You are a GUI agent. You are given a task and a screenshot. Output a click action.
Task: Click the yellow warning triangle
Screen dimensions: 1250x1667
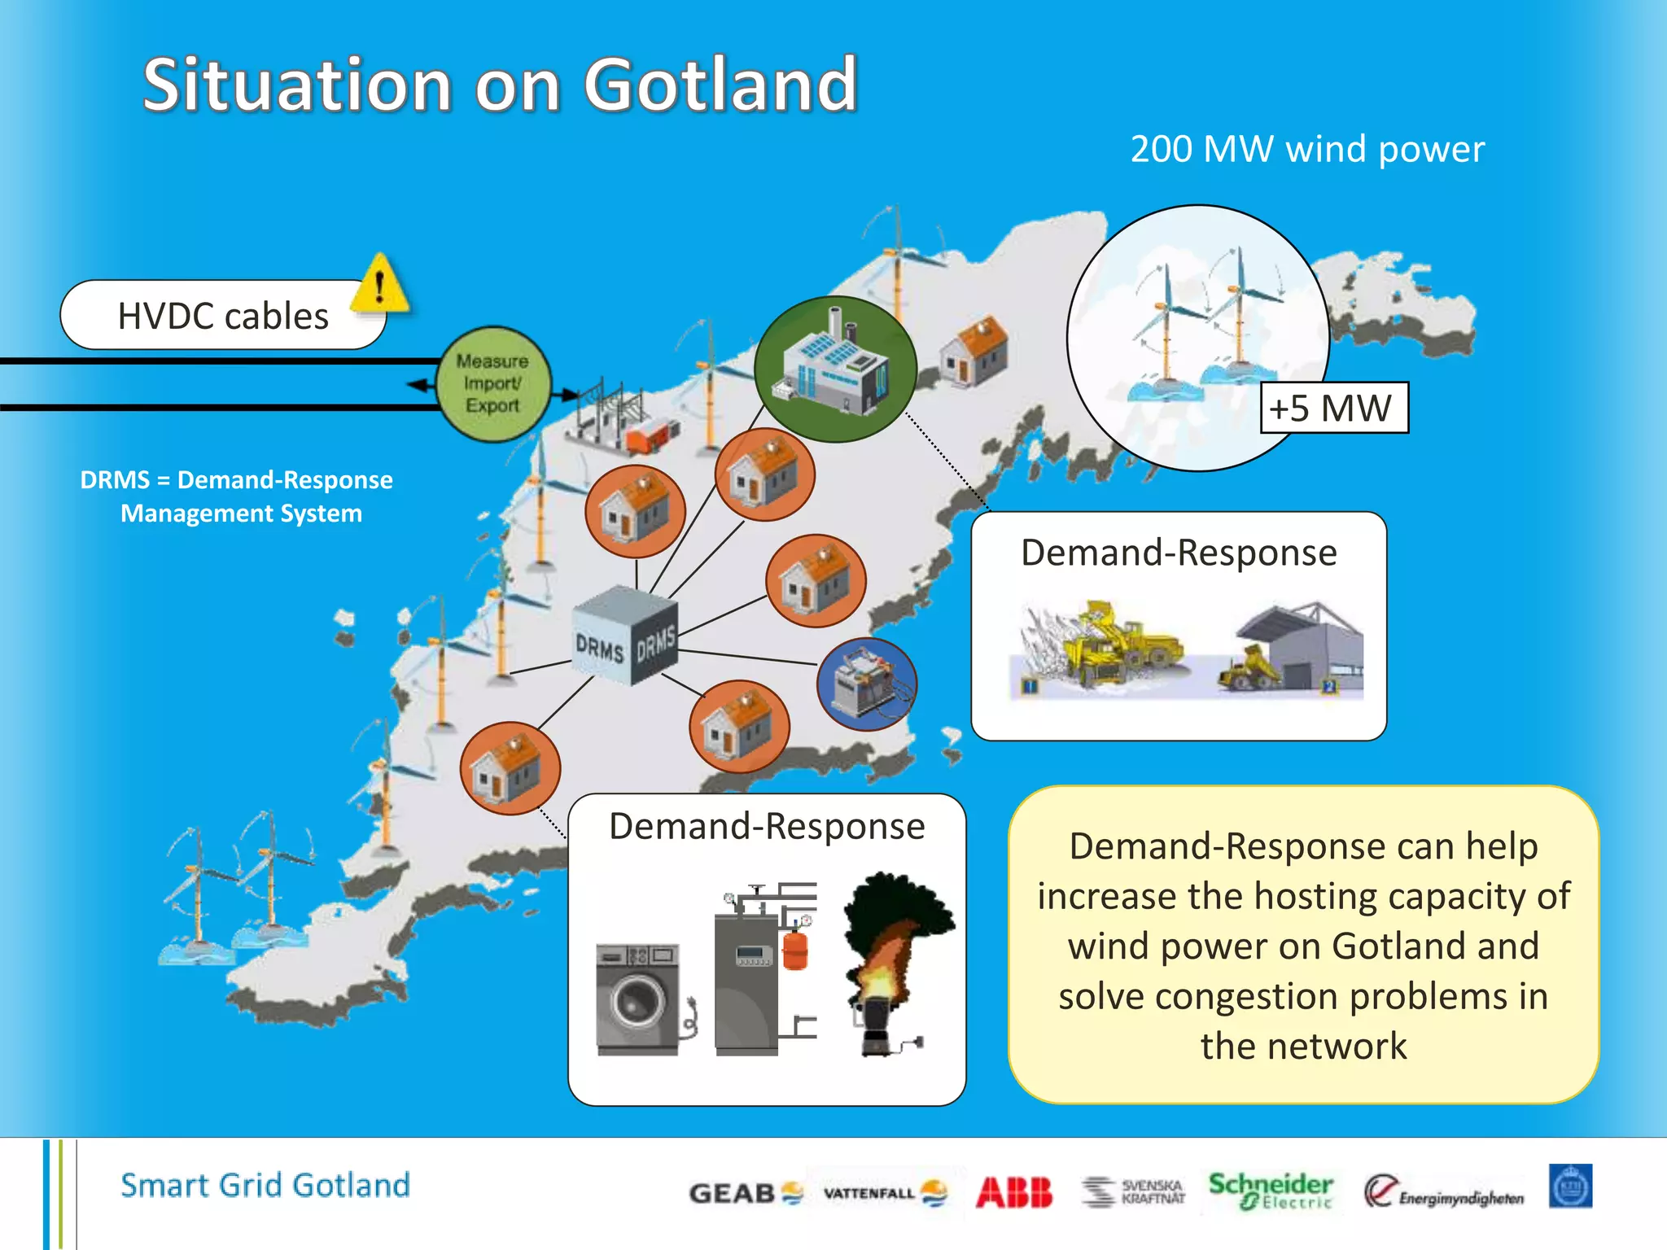pyautogui.click(x=379, y=286)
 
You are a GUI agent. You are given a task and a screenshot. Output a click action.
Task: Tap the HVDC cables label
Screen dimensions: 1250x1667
pyautogui.click(x=222, y=316)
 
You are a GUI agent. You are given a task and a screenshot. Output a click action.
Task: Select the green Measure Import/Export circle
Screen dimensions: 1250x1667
pyautogui.click(x=492, y=383)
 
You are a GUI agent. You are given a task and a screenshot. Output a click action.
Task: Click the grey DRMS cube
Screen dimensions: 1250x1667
pyautogui.click(x=624, y=636)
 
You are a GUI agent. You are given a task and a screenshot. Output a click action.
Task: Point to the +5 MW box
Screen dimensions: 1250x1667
pyautogui.click(x=1333, y=408)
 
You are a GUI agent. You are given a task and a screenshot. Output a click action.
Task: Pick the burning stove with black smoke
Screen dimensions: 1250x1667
pyautogui.click(x=891, y=964)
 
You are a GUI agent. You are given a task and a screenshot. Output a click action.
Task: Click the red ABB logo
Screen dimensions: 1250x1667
pyautogui.click(x=1014, y=1192)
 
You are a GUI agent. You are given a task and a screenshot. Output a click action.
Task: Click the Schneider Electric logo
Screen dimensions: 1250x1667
pyautogui.click(x=1270, y=1191)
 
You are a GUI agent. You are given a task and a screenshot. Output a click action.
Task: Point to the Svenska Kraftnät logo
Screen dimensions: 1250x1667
pyautogui.click(x=1134, y=1192)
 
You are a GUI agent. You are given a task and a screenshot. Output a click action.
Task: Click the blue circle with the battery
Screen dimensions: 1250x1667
pyautogui.click(x=867, y=684)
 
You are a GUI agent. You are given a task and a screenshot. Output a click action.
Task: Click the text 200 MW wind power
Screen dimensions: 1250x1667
pyautogui.click(x=1307, y=150)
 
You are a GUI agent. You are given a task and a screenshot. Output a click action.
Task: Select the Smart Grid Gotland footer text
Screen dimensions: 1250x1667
pyautogui.click(x=265, y=1185)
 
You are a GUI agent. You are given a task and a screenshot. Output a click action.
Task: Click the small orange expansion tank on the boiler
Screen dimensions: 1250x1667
pyautogui.click(x=795, y=950)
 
